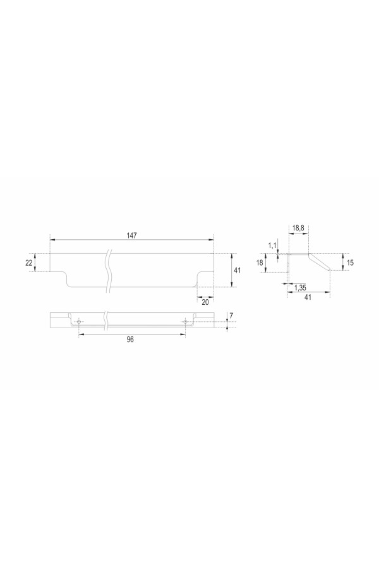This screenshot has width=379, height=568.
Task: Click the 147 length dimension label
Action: (131, 235)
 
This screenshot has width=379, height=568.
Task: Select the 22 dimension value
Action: (29, 263)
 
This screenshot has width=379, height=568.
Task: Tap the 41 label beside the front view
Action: (238, 270)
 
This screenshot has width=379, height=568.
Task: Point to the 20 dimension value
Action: (205, 302)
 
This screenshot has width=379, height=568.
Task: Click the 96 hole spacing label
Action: (130, 340)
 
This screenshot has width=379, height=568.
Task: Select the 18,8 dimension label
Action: (298, 228)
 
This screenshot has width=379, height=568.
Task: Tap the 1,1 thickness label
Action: (272, 246)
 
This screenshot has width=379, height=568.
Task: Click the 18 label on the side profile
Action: (260, 263)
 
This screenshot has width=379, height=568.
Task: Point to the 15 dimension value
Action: (350, 263)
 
